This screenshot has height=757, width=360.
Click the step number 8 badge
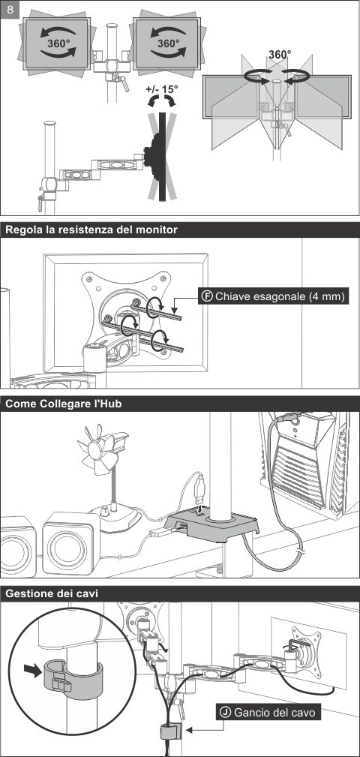click(10, 10)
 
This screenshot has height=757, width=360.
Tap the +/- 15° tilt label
click(162, 89)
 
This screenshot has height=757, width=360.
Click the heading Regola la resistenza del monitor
click(91, 230)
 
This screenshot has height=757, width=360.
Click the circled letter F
click(208, 296)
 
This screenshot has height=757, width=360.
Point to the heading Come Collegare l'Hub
click(63, 404)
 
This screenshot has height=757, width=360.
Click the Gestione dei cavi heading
click(52, 593)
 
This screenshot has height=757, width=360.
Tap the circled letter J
click(225, 712)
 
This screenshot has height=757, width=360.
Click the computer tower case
click(309, 464)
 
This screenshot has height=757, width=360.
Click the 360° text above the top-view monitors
click(279, 55)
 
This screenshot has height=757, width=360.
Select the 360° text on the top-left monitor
click(58, 43)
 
